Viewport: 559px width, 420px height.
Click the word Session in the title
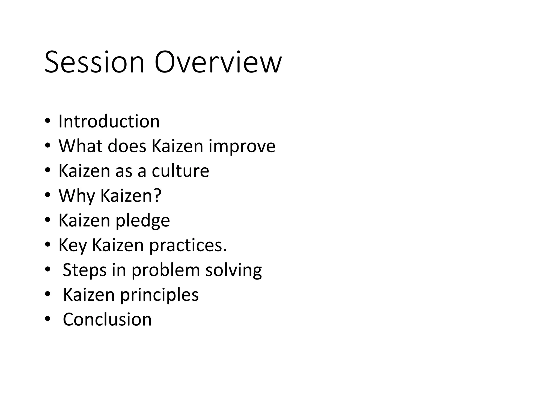click(94, 62)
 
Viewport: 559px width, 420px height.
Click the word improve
click(242, 146)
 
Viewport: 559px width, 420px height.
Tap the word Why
click(77, 196)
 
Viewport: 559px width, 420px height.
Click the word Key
click(72, 246)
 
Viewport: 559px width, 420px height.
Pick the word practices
click(188, 246)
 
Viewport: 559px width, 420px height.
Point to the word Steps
click(84, 270)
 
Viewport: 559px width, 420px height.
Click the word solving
click(233, 270)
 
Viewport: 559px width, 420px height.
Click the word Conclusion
click(107, 319)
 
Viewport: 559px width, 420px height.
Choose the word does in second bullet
click(127, 146)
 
